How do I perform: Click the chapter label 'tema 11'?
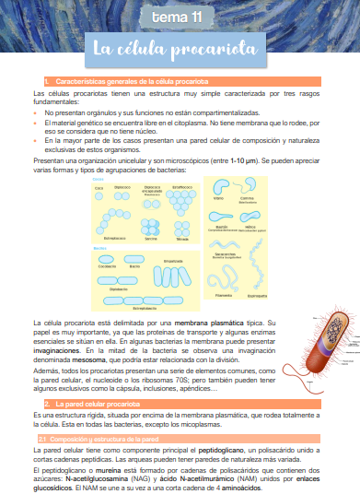point(180,17)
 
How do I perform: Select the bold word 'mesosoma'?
point(94,358)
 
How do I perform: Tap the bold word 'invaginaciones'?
point(60,349)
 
